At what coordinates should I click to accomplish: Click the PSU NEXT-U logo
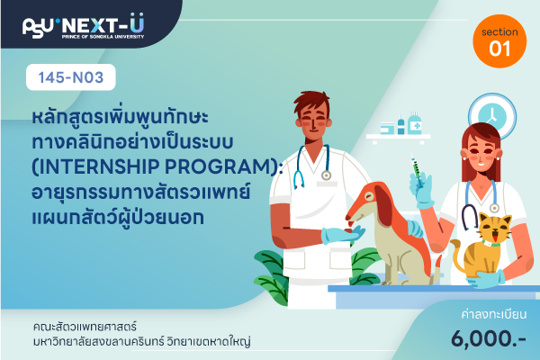coord(83,26)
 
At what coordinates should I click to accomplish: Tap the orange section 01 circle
coord(499,41)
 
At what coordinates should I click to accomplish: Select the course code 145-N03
coord(70,77)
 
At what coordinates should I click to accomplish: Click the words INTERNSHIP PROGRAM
coord(155,166)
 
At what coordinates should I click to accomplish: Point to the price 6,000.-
coord(489,338)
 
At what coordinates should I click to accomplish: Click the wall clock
coord(491,115)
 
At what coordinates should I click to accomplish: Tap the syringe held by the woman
coord(416,170)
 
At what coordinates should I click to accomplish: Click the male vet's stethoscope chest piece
coord(326,175)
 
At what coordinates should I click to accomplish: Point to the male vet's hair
coord(311,102)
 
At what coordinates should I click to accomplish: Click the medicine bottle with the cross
coord(415,123)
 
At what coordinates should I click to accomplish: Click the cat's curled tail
coord(457,256)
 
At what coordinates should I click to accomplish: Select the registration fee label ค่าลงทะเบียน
coord(493,314)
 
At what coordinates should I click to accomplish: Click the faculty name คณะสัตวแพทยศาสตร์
coord(85,326)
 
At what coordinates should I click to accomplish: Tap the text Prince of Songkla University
coord(103,37)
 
